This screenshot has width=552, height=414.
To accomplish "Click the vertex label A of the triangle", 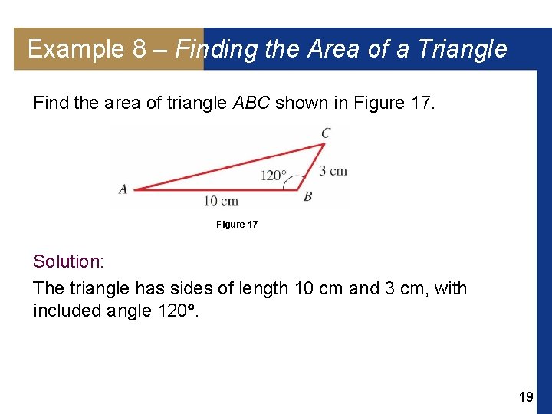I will [123, 189].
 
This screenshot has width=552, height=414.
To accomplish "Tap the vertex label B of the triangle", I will [307, 197].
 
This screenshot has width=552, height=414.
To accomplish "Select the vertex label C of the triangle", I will [326, 133].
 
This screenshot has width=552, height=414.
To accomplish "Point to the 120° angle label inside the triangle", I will [274, 176].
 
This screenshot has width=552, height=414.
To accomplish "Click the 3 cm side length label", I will [333, 170].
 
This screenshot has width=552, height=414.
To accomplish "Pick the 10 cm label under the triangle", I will [221, 202].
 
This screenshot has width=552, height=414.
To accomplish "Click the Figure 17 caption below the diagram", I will [237, 225].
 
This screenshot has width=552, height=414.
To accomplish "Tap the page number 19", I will [526, 396].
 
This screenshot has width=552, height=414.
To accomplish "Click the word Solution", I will [67, 261].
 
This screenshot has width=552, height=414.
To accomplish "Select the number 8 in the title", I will [139, 49].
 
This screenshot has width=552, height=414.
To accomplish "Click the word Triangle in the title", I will [465, 49].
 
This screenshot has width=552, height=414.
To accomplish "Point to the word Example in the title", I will [75, 49].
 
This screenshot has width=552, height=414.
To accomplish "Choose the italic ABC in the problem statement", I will [251, 103].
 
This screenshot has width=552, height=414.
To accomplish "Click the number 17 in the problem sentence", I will [422, 103].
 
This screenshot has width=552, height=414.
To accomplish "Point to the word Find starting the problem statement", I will [51, 103].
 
